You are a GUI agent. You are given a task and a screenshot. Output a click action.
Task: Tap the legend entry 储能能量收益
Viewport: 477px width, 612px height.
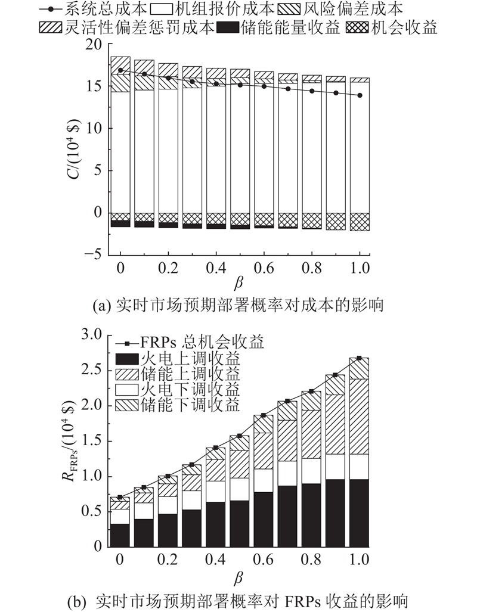pyautogui.click(x=279, y=28)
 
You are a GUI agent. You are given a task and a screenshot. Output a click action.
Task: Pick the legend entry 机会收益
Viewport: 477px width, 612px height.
pyautogui.click(x=392, y=28)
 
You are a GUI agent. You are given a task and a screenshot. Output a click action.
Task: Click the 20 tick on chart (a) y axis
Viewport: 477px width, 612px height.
pyautogui.click(x=93, y=45)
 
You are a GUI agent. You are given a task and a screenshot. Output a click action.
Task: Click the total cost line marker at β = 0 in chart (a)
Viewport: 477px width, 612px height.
pyautogui.click(x=120, y=70)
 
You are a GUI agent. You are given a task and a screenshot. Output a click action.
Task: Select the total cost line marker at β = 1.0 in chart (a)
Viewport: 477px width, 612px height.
pyautogui.click(x=360, y=95)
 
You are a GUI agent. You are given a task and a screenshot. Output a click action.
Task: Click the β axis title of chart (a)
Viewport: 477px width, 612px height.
pyautogui.click(x=238, y=284)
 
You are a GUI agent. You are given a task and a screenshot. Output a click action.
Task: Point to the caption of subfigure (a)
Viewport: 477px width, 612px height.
pyautogui.click(x=238, y=306)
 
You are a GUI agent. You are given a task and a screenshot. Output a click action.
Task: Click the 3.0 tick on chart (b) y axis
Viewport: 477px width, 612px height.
pyautogui.click(x=91, y=334)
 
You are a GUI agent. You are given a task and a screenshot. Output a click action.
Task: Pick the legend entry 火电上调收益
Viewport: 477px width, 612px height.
pyautogui.click(x=178, y=358)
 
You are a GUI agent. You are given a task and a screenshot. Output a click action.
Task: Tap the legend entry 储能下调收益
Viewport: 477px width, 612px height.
pyautogui.click(x=178, y=405)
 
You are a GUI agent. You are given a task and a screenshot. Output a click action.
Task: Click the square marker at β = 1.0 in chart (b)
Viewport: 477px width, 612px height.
pyautogui.click(x=360, y=358)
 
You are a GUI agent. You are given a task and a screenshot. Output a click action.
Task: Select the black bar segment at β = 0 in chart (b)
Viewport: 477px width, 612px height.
pyautogui.click(x=120, y=535)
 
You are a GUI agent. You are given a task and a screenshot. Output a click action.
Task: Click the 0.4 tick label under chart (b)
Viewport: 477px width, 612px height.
pyautogui.click(x=216, y=560)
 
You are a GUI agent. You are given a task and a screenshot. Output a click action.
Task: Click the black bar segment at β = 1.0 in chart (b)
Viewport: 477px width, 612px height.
pyautogui.click(x=360, y=513)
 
